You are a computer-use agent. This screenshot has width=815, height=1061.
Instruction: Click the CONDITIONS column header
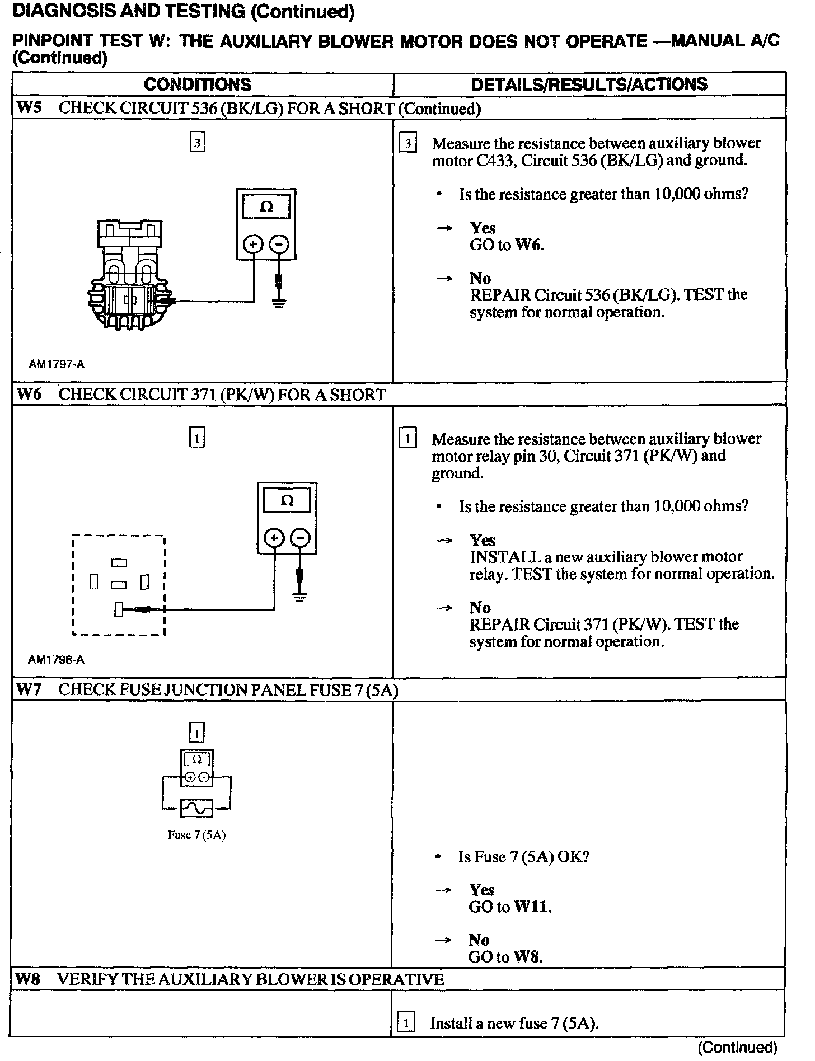(198, 84)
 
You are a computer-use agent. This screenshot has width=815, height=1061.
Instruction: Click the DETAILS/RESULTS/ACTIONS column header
(589, 84)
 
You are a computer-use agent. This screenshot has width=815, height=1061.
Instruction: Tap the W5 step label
(29, 108)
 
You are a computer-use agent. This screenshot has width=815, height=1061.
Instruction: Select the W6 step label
(29, 395)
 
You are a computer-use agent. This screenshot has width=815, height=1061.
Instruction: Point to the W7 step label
(29, 689)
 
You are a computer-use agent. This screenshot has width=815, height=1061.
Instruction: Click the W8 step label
(29, 979)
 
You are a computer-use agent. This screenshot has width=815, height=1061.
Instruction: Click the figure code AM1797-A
(57, 364)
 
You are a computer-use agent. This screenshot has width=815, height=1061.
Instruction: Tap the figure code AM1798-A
(56, 660)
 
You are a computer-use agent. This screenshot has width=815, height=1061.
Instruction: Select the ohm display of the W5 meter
(266, 208)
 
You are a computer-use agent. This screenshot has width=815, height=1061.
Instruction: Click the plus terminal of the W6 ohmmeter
(274, 538)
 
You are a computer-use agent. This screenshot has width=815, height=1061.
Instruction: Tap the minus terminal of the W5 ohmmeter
(279, 245)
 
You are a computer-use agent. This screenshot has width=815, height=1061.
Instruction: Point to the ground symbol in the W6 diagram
(300, 597)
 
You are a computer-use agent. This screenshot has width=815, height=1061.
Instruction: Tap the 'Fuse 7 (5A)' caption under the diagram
(196, 835)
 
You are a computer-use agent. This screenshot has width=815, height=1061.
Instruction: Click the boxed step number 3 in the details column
(407, 144)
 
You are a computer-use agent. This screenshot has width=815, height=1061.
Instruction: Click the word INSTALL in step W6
(497, 557)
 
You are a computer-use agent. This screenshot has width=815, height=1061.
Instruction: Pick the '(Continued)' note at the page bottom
(737, 1047)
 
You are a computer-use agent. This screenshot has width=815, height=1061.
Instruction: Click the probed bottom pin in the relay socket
(119, 609)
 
